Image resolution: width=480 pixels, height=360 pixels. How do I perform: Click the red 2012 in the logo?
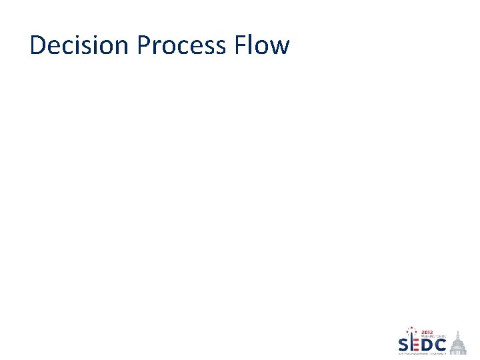click(x=427, y=332)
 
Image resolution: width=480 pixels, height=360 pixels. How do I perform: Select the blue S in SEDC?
click(x=404, y=345)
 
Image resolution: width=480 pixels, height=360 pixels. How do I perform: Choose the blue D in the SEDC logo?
click(x=428, y=345)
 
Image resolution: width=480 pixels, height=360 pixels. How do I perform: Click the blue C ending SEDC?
click(x=441, y=345)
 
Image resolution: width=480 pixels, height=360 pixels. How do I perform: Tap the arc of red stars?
click(x=411, y=331)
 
